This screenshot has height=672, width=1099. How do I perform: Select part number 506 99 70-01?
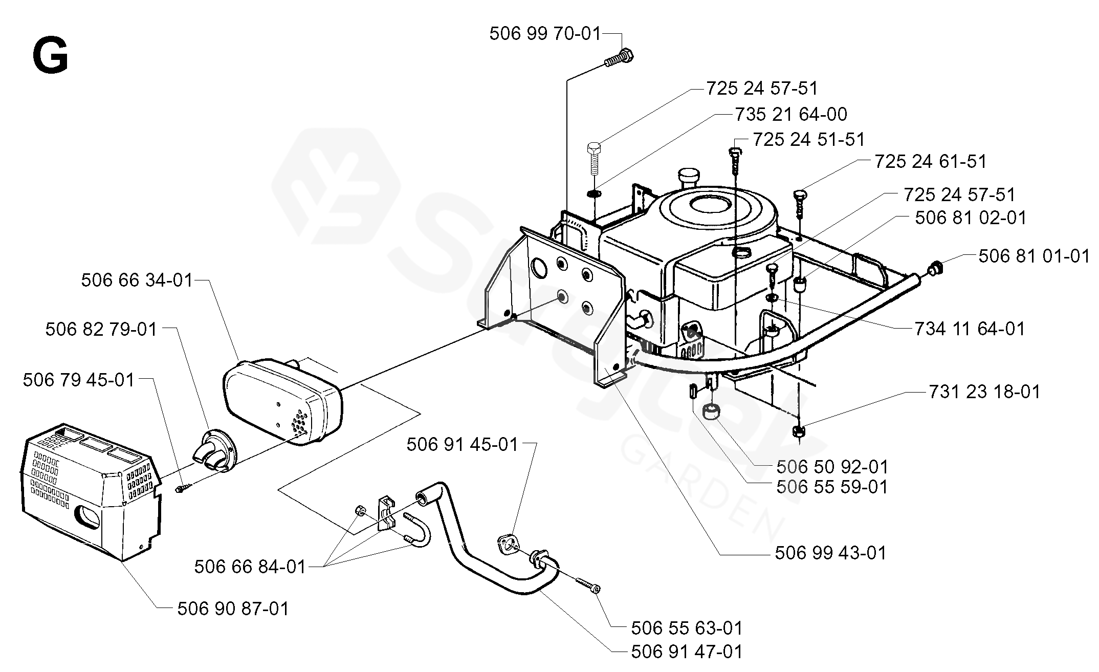coord(544,34)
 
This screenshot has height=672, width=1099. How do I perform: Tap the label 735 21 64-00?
coord(791,114)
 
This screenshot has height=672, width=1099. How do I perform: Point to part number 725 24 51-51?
coord(808,139)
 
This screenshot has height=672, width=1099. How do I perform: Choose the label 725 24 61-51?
coord(930,162)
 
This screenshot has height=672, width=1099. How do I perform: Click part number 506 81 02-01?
coord(971,218)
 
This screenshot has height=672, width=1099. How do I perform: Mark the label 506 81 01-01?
coord(1034,256)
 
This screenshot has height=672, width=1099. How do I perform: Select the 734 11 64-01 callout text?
coord(970,329)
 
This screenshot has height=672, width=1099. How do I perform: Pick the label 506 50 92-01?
coord(832,467)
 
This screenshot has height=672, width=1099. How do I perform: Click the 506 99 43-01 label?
coord(830,553)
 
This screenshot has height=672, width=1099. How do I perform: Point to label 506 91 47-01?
coord(687,652)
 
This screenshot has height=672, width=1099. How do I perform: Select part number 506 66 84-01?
coord(250,567)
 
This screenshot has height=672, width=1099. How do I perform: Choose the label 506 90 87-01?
coord(233,609)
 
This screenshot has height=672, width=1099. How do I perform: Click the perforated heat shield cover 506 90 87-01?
coord(90,489)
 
